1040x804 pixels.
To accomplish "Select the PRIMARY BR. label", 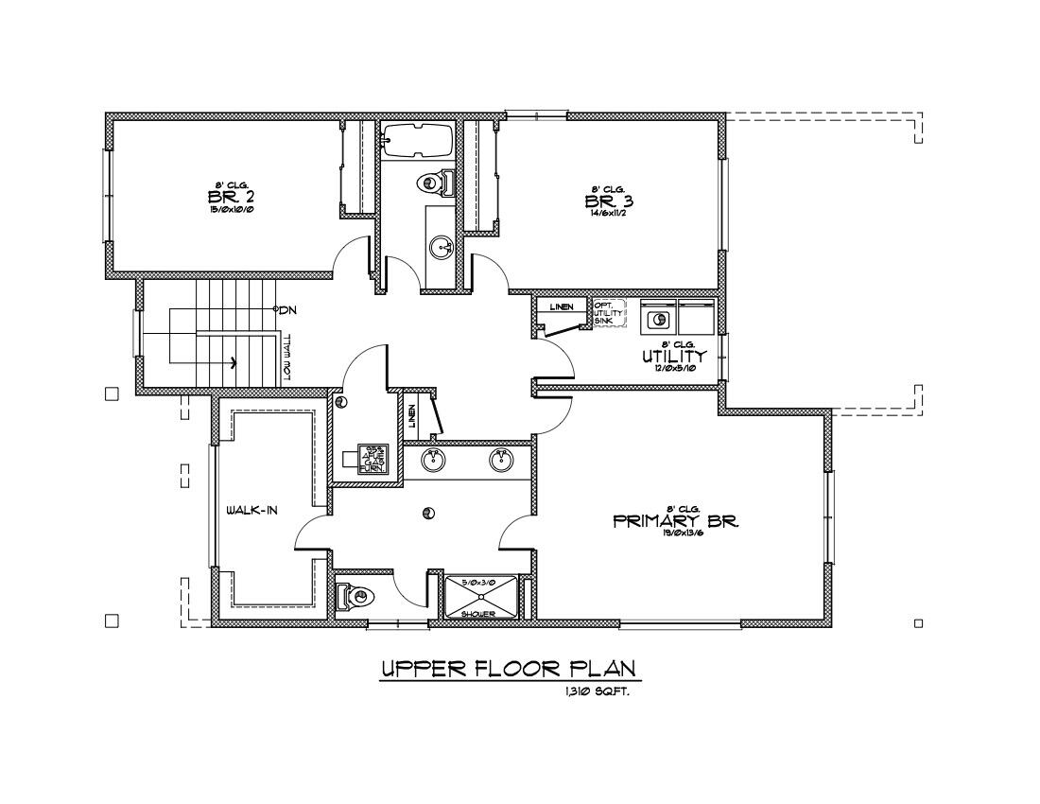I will click(x=675, y=521).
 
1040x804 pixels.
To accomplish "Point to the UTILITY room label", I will click(x=673, y=357).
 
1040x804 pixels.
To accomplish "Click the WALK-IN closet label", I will click(x=251, y=511).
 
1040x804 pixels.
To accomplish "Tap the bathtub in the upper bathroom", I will click(x=418, y=139).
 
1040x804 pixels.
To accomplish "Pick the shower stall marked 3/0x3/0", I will click(x=482, y=597).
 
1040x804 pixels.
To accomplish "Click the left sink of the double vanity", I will click(x=432, y=460).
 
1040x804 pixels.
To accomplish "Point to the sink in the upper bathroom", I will click(x=441, y=249).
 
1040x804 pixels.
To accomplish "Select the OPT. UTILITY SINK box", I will click(x=609, y=313).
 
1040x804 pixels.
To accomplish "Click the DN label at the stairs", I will click(x=288, y=309).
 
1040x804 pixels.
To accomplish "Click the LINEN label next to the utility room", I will click(x=562, y=307).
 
